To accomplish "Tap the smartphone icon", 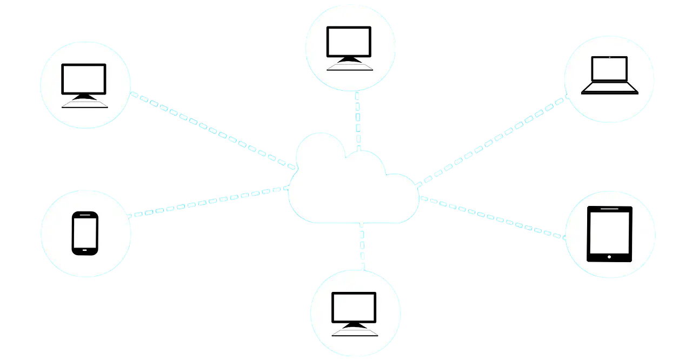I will (85, 233).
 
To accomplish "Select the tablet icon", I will (609, 234).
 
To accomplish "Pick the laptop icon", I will (609, 75).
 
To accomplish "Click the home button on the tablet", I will (609, 257).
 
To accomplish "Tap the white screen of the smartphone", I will (85, 231).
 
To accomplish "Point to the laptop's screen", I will (609, 69).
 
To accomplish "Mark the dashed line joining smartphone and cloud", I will (208, 202).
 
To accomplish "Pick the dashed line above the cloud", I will (357, 120).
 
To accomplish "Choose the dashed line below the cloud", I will (362, 246).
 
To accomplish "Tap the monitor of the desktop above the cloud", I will (349, 41).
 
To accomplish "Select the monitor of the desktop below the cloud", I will (354, 306).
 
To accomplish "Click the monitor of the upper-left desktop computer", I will (84, 78).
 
